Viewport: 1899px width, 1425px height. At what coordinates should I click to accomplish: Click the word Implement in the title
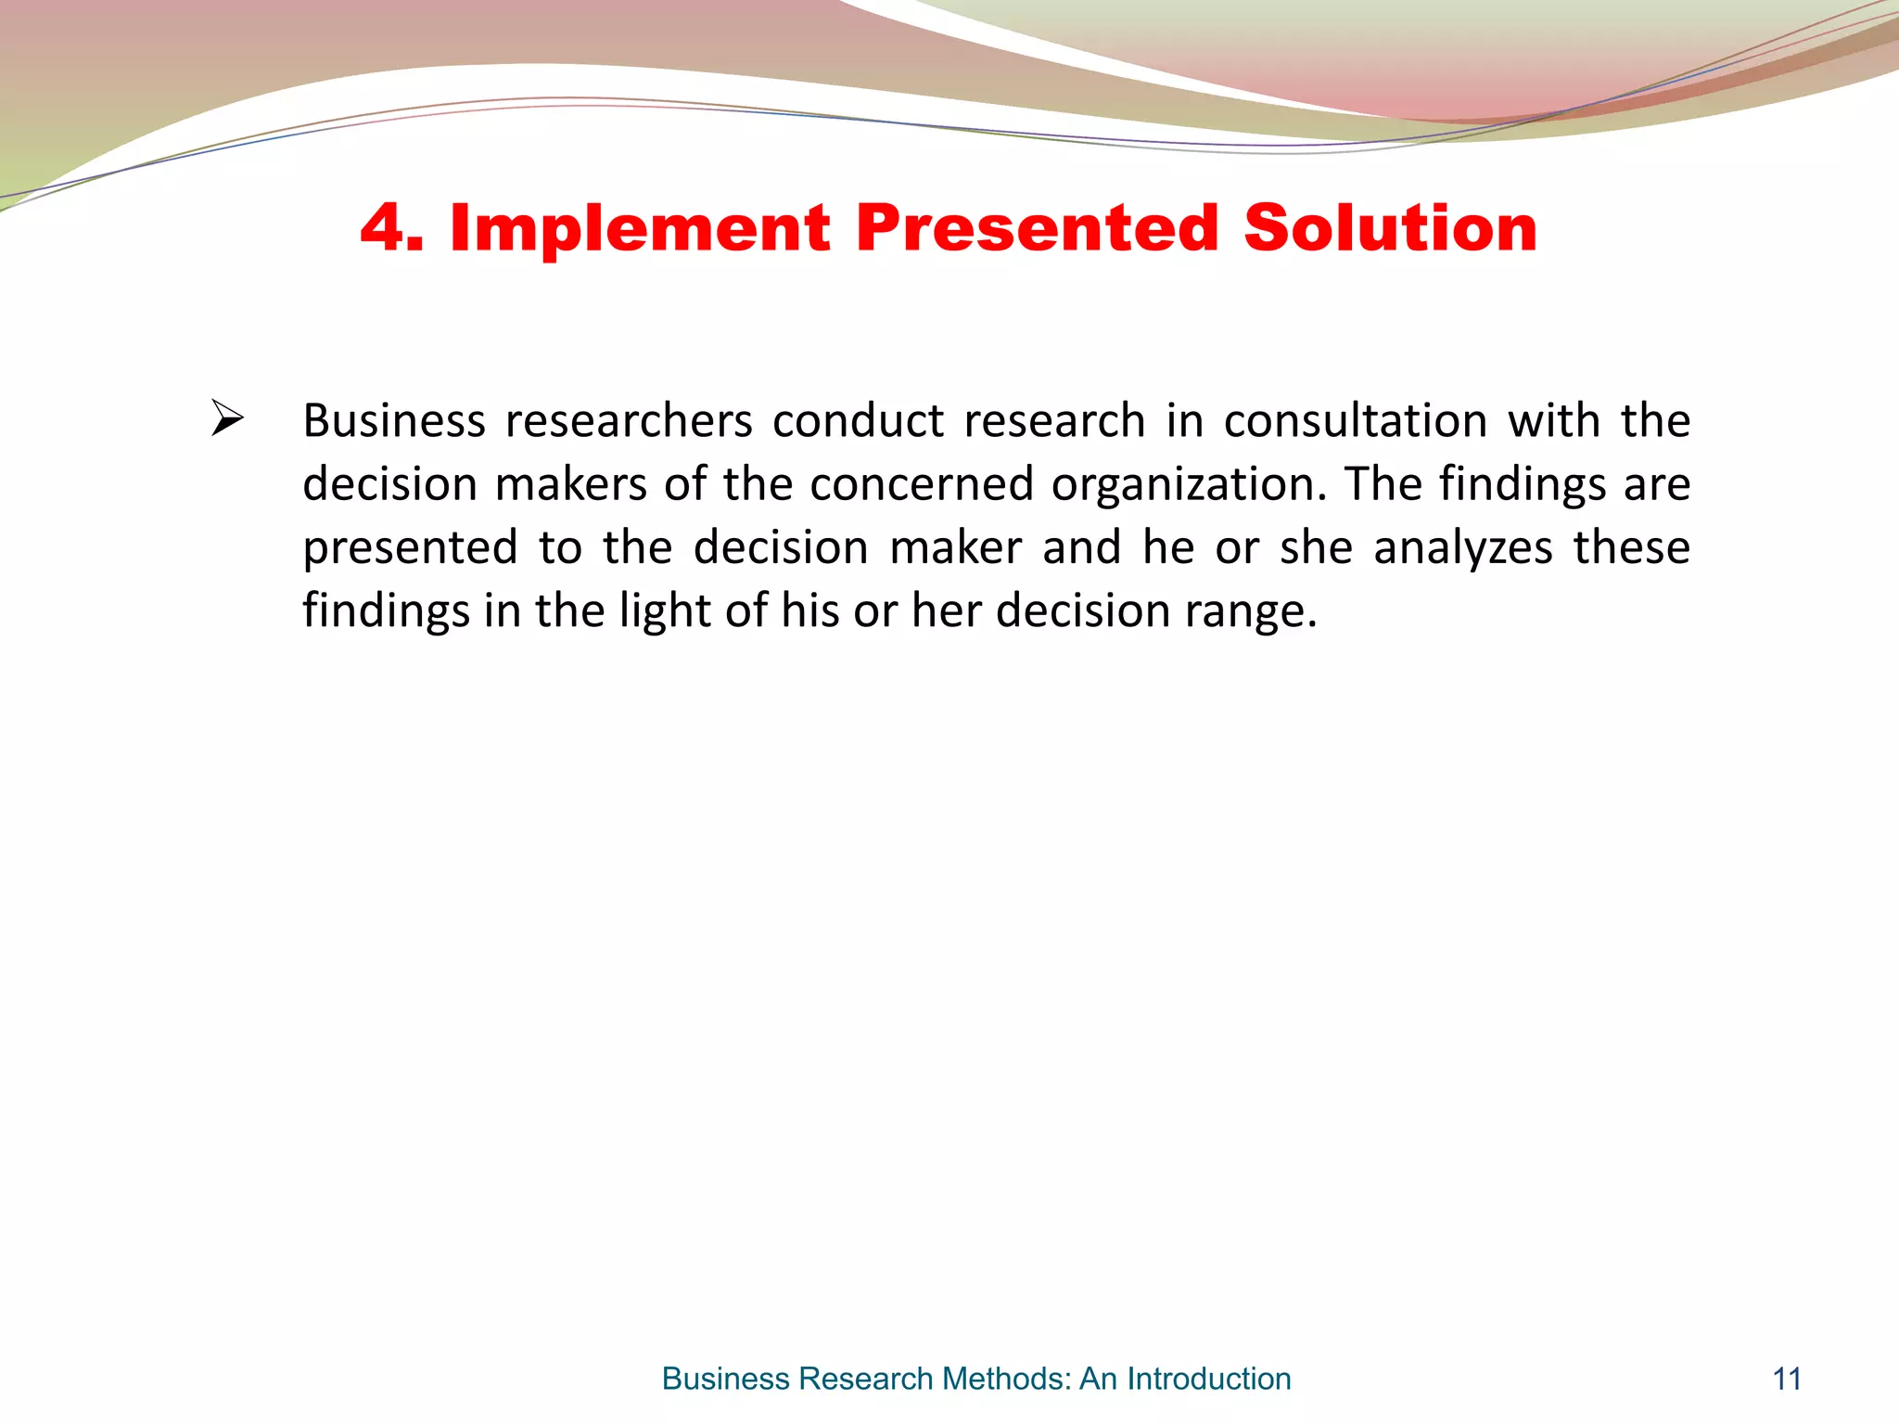click(x=640, y=229)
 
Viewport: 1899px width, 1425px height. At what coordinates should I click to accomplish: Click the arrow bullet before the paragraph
click(x=227, y=418)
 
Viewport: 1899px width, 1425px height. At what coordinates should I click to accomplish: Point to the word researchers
click(x=629, y=421)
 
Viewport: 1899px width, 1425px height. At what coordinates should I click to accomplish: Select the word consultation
click(x=1355, y=421)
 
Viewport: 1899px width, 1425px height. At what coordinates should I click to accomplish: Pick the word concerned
click(x=921, y=484)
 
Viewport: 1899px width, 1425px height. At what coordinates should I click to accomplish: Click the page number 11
click(x=1787, y=1379)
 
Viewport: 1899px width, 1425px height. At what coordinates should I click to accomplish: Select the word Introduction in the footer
click(x=1208, y=1379)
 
